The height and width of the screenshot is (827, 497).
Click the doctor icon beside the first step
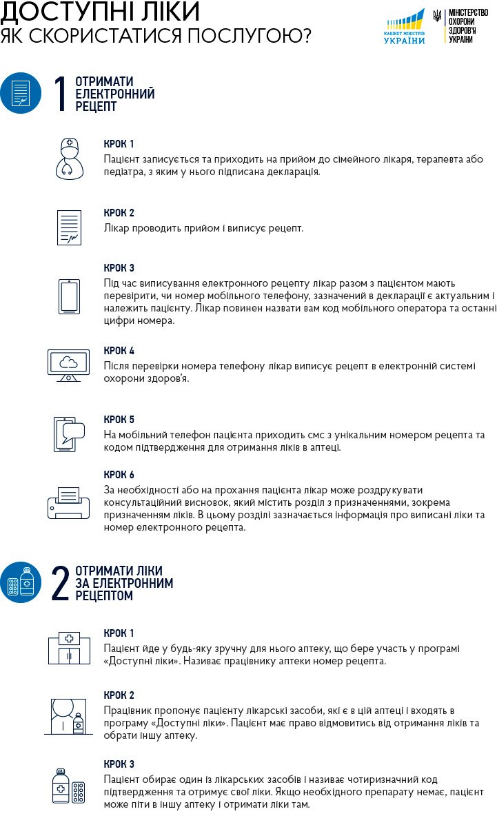(68, 158)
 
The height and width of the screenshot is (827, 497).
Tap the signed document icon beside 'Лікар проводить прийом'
(68, 227)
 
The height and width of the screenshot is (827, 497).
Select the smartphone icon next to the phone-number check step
(68, 296)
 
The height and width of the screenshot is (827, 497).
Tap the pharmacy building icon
(68, 647)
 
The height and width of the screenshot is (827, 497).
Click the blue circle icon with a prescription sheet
(21, 93)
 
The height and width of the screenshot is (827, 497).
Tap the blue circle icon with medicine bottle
(21, 582)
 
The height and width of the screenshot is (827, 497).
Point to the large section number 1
(61, 94)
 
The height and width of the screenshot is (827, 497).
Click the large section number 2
(61, 583)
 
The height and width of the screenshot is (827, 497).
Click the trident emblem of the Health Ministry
(437, 15)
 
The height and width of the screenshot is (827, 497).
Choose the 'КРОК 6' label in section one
(119, 475)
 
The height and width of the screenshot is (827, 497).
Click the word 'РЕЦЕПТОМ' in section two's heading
(104, 595)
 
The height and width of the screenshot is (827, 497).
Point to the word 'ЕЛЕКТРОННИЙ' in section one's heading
(115, 94)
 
